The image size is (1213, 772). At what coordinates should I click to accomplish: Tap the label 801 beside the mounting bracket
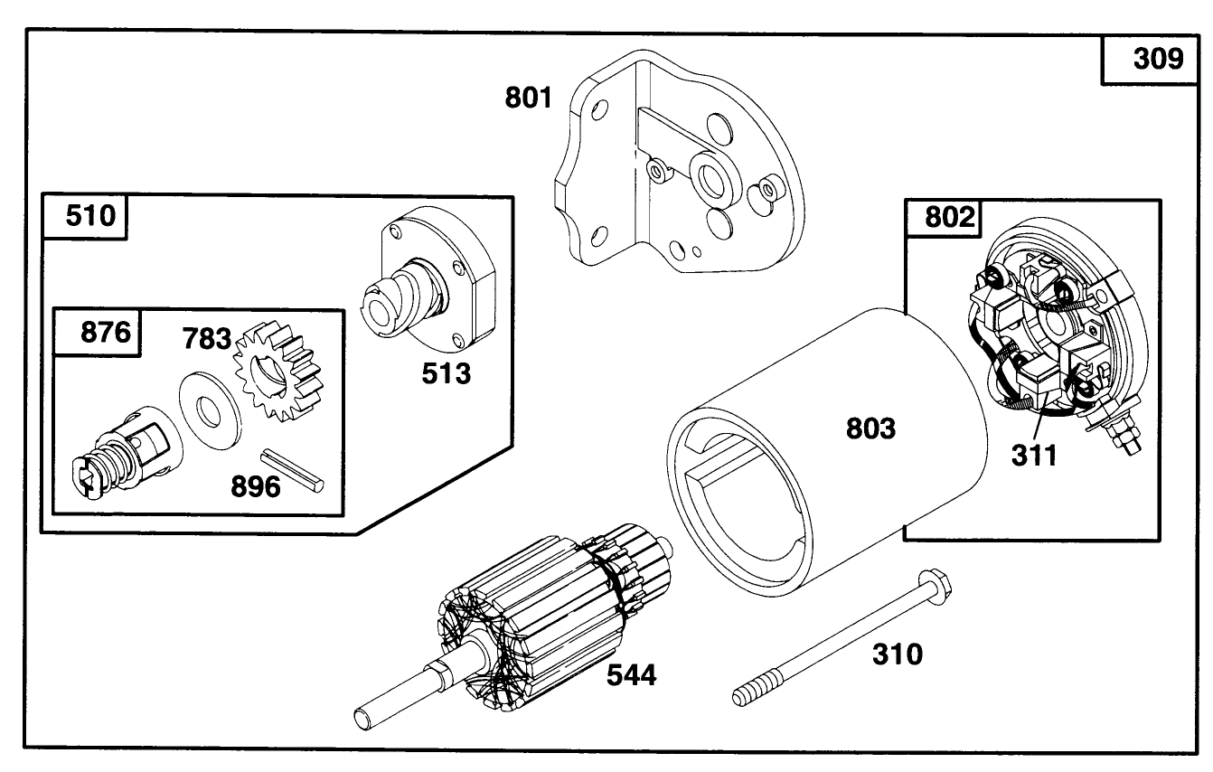(528, 98)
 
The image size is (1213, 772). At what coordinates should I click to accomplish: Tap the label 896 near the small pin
(255, 485)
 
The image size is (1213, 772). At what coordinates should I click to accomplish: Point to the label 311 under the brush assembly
(1033, 455)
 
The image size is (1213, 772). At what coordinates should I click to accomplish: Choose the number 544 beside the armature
(632, 673)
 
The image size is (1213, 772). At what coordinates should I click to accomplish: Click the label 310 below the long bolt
(898, 654)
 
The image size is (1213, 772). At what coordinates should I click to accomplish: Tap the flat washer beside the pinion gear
(210, 404)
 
